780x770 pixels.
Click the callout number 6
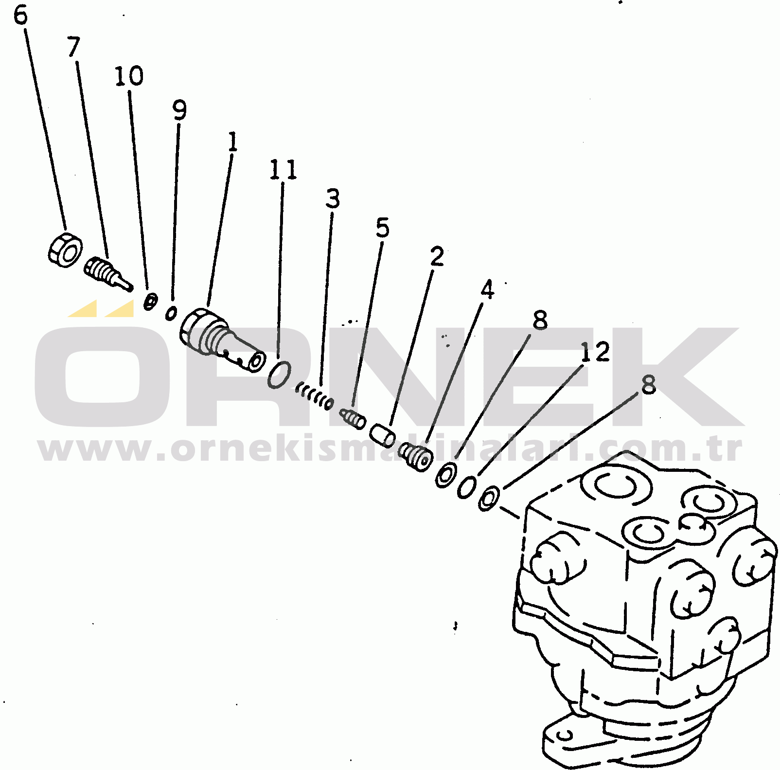tap(20, 15)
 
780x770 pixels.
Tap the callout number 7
tap(73, 47)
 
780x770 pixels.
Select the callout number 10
tap(129, 76)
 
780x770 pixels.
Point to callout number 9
tap(179, 110)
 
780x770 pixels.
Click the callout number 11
tap(284, 169)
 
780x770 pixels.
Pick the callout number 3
tap(333, 198)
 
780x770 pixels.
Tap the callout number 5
tap(383, 228)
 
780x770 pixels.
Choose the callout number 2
tap(437, 256)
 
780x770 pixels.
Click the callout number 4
tap(487, 289)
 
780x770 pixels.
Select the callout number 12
tap(595, 352)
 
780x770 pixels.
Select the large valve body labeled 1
tap(222, 340)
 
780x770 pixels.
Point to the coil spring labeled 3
tap(315, 396)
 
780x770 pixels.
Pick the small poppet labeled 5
tap(353, 418)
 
